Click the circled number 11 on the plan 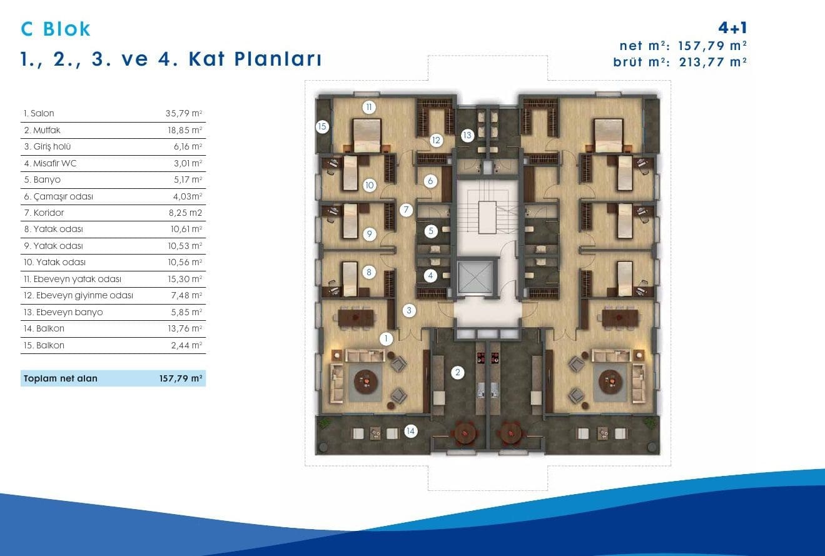[368, 107]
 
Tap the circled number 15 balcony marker [322, 127]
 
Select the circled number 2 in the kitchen [457, 372]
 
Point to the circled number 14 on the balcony [410, 431]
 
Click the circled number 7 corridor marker [406, 210]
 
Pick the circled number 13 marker [467, 135]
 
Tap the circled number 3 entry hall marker [409, 310]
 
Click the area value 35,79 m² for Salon [184, 113]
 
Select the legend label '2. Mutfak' [42, 130]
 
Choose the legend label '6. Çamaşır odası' [58, 196]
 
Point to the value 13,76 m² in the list [185, 328]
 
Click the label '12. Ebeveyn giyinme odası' [78, 295]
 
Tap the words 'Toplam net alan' [61, 378]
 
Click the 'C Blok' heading [56, 29]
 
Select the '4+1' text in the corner [732, 28]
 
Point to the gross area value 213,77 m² [712, 62]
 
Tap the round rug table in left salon [366, 382]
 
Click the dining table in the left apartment [355, 317]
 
